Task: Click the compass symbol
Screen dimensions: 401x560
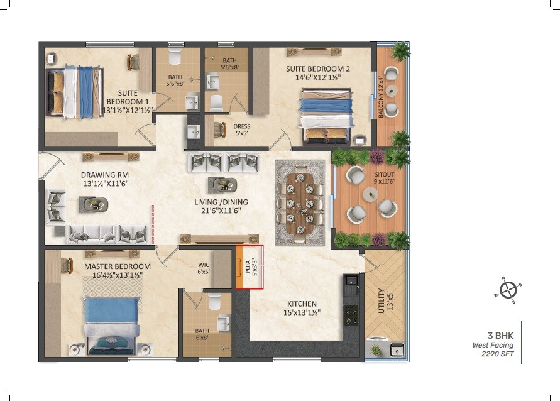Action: pos(508,290)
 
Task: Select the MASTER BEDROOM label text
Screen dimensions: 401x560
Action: pos(118,271)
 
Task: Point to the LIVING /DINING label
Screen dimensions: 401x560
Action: pos(221,206)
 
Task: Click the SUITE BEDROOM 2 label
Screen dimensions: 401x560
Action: pos(317,74)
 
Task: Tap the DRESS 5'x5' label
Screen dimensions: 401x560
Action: pos(242,130)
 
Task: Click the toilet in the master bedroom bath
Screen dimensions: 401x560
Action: pos(213,302)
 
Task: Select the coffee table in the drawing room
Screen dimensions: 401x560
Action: pos(95,204)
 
